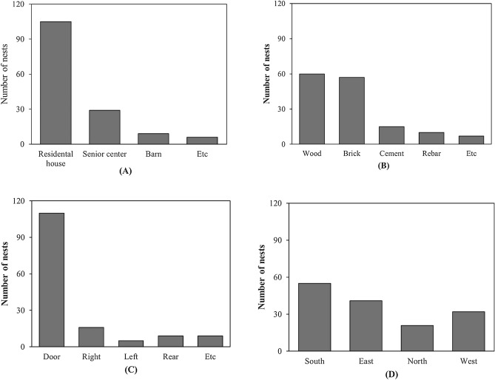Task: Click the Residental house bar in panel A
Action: (55, 83)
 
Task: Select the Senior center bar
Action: (104, 127)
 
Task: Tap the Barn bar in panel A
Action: (153, 139)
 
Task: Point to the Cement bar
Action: (391, 135)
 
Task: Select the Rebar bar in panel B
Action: (431, 138)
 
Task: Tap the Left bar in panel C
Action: (131, 343)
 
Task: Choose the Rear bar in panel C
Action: (170, 341)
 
